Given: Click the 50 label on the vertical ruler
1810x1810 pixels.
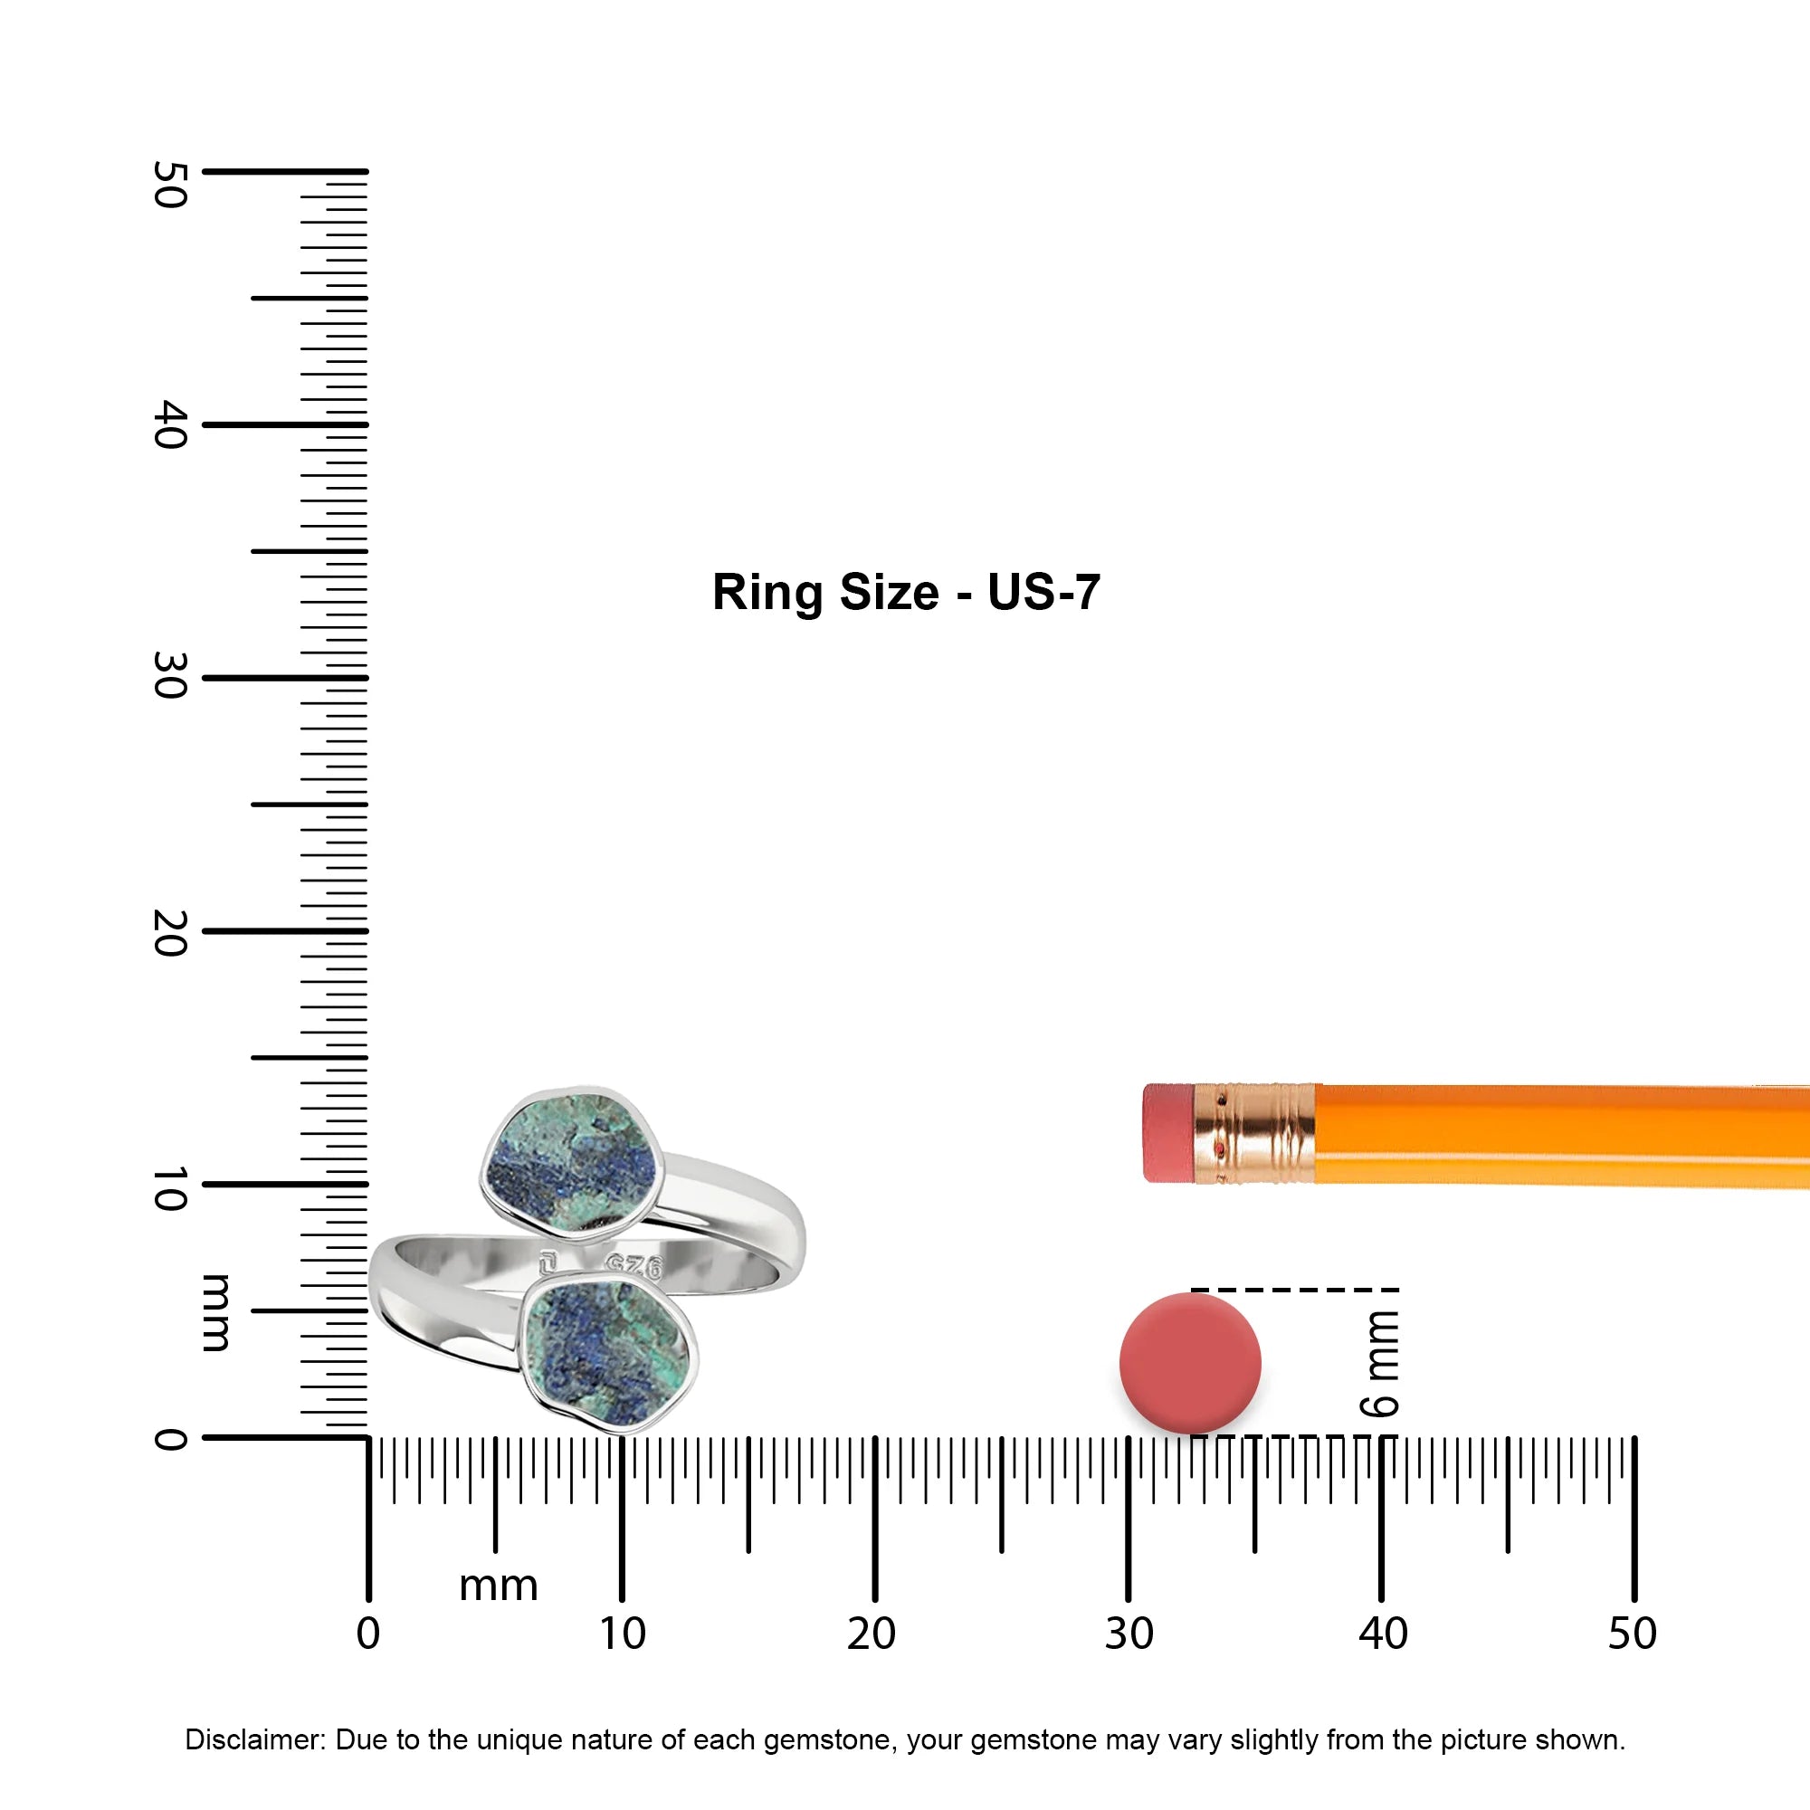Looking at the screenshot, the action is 170,185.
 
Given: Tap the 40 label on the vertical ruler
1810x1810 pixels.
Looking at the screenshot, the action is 170,424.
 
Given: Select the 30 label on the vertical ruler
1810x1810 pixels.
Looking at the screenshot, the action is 170,675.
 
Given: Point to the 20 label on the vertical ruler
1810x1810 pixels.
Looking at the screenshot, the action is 170,932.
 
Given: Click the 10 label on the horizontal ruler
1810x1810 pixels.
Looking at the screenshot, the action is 623,1634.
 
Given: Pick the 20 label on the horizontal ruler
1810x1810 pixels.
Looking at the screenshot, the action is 872,1634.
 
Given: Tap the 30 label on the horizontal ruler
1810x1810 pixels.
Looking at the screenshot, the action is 1129,1634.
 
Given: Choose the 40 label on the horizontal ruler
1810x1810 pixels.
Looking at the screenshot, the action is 1384,1634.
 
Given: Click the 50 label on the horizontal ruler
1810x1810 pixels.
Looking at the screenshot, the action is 1633,1634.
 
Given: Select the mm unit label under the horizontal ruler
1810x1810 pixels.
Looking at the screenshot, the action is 499,1587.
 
